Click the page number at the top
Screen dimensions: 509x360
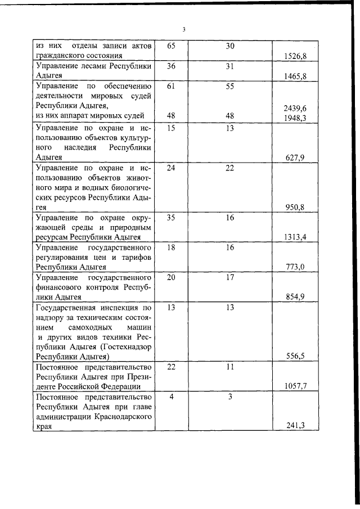(184, 30)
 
